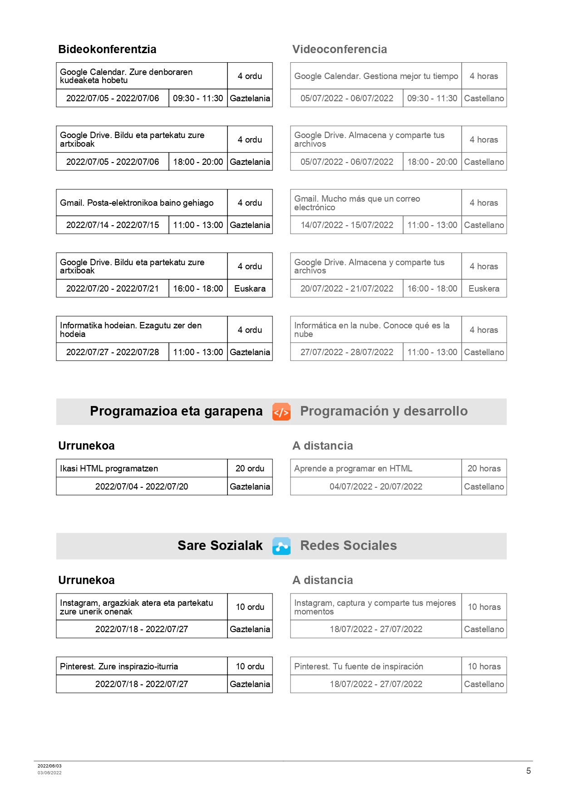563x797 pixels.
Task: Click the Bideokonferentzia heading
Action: coord(107,49)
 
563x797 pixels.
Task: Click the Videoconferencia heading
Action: coord(340,49)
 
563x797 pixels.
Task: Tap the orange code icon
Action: coord(281,412)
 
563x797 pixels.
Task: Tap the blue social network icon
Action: coord(281,546)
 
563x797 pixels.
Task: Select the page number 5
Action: coord(528,771)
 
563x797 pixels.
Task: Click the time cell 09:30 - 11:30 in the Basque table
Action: coord(198,98)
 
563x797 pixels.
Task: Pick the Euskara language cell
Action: coord(250,288)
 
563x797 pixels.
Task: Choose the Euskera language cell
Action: coord(484,288)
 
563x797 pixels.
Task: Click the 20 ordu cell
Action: coord(250,468)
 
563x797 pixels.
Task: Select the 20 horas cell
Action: coord(484,468)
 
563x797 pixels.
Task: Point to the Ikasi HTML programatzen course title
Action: coord(109,468)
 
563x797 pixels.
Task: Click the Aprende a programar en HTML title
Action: coord(353,468)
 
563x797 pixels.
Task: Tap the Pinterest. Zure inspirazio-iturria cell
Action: coord(119,666)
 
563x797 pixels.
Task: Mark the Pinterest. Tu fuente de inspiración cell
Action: coord(359,666)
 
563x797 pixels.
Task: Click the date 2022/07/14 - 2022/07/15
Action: coord(113,225)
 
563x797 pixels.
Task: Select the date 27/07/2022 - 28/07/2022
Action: coord(347,352)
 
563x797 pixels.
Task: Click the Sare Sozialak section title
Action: coord(220,545)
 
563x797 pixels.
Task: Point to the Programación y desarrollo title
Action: coord(384,411)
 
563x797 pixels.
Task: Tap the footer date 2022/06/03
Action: coord(49,766)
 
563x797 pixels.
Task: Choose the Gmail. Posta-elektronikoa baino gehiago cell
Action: coord(137,203)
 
